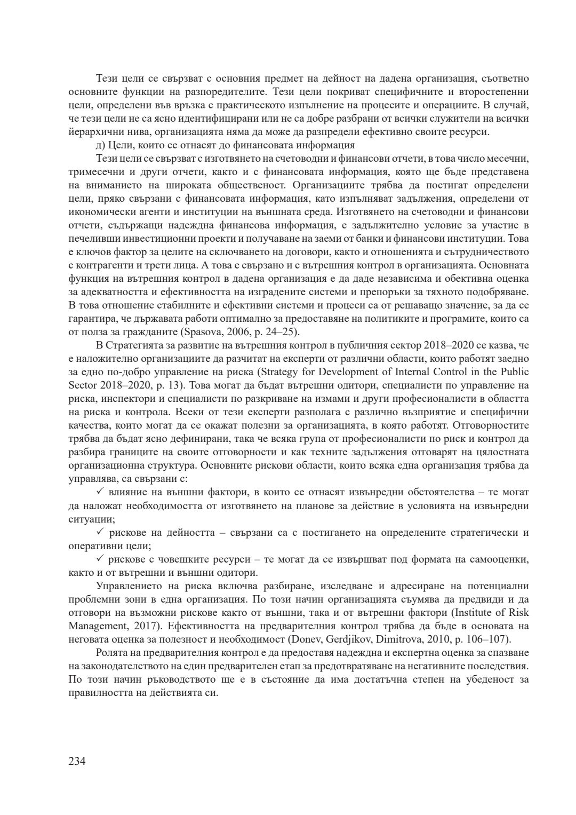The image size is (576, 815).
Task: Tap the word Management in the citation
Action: [x=95, y=626]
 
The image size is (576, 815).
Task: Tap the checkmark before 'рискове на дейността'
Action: [x=100, y=532]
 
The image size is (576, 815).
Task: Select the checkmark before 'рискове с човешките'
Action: [x=100, y=559]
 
